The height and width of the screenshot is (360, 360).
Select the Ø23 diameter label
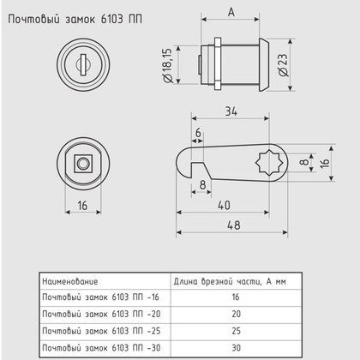pyautogui.click(x=284, y=63)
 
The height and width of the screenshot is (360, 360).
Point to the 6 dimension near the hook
pyautogui.click(x=198, y=133)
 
